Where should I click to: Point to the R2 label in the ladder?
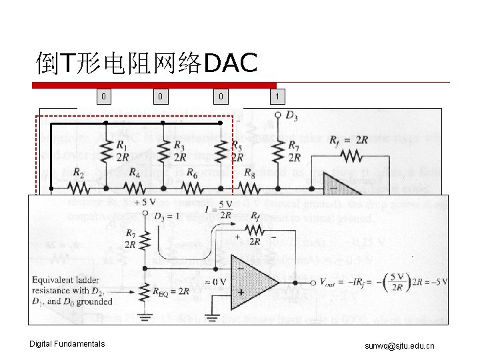78,173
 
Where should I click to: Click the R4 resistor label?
135,173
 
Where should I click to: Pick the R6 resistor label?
192,173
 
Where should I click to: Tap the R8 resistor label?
249,173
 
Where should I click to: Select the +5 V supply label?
145,203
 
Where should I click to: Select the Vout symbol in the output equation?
329,283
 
